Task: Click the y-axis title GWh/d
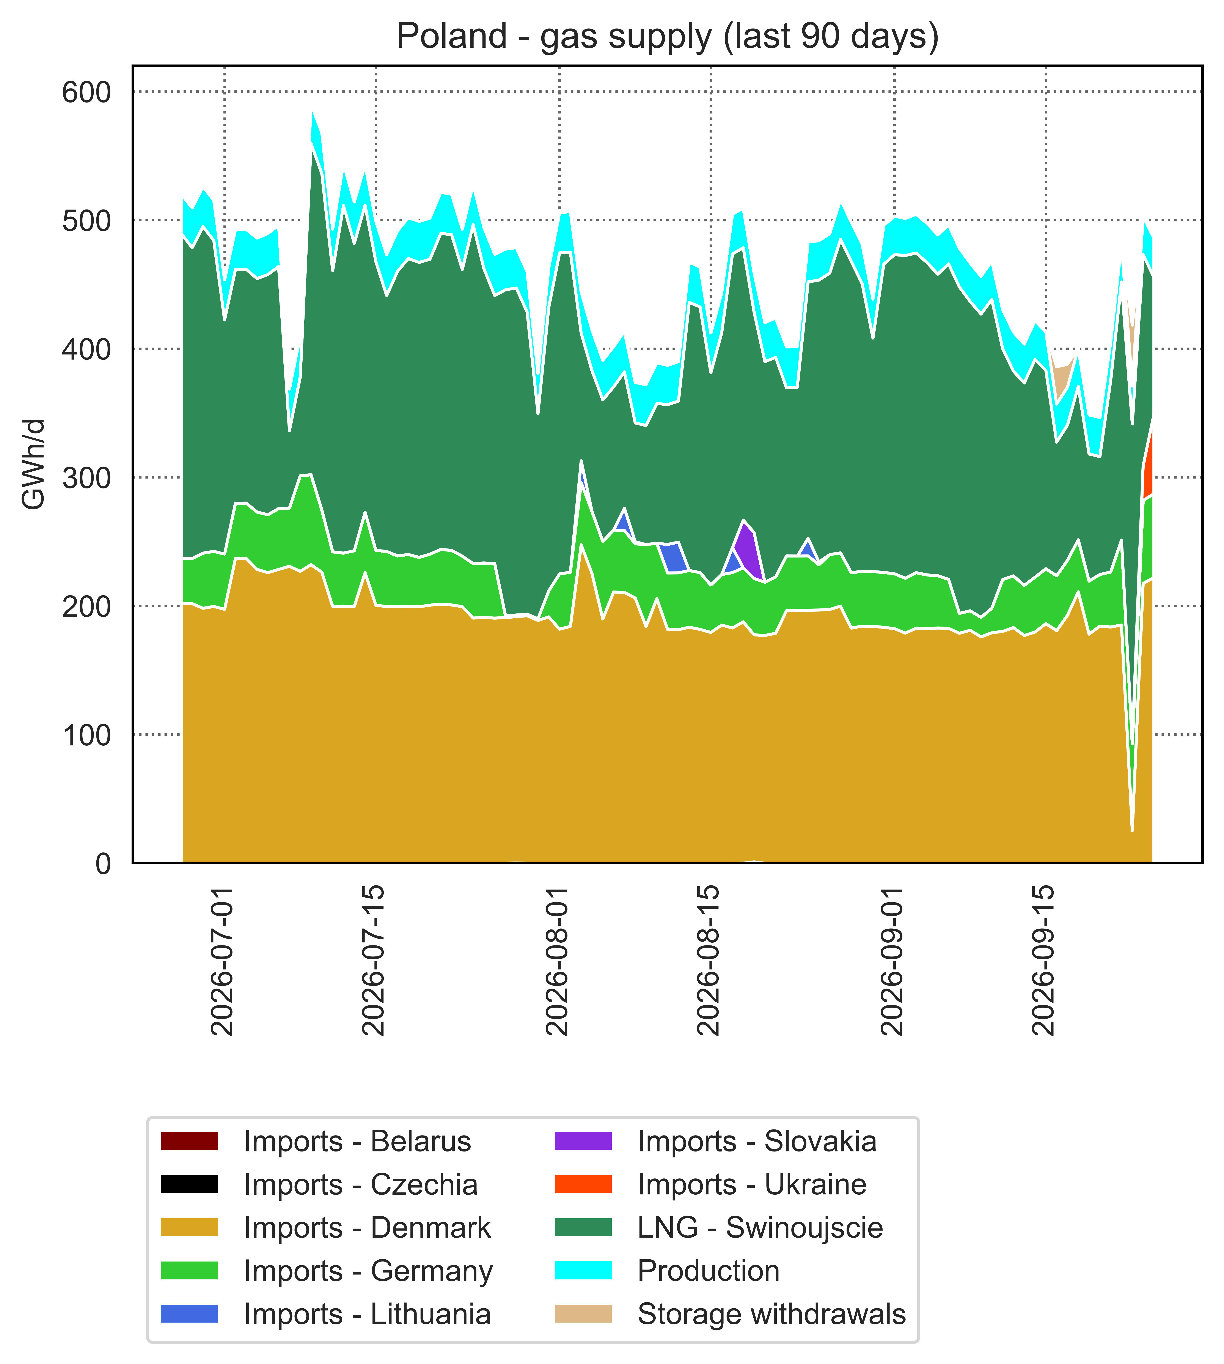[34, 464]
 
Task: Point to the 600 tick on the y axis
[86, 92]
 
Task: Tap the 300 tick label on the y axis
[86, 477]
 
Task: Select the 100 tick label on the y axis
[86, 734]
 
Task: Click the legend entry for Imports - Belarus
[316, 1141]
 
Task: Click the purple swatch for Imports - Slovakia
[583, 1141]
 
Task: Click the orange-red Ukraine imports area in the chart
[1148, 471]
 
